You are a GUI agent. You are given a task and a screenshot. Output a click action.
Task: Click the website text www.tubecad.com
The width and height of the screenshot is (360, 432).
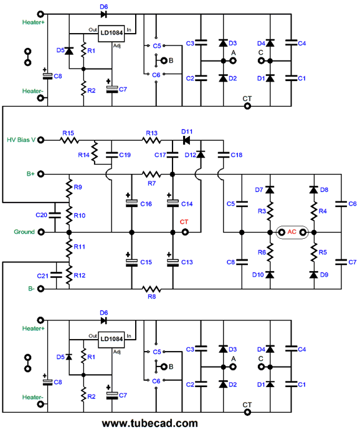[149, 423]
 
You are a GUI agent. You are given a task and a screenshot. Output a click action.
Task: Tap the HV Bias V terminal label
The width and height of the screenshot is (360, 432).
[21, 140]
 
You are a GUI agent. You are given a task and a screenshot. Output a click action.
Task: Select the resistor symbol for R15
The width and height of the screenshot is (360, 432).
[69, 140]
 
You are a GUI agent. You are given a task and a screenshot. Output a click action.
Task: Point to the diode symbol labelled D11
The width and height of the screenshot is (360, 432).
[186, 140]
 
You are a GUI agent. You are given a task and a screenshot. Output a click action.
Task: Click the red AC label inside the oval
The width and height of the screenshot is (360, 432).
[291, 232]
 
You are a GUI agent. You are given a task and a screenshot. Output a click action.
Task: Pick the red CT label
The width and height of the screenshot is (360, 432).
[184, 222]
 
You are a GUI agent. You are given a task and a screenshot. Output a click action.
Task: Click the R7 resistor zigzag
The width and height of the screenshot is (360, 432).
[151, 174]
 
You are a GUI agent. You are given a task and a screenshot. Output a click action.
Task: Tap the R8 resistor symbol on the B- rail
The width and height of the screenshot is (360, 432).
[151, 289]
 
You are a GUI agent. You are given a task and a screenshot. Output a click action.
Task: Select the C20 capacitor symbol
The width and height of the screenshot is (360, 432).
[55, 215]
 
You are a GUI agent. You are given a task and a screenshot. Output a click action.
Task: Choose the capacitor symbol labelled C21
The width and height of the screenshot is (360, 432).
[57, 275]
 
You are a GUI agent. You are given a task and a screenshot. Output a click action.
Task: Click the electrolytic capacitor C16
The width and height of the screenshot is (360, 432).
[131, 203]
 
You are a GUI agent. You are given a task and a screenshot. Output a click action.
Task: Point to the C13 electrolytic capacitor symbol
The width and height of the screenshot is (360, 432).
[173, 262]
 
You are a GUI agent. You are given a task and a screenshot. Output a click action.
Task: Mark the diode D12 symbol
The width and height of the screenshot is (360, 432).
[201, 155]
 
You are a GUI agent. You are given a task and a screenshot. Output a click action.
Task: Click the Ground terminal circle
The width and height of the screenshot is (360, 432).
[40, 233]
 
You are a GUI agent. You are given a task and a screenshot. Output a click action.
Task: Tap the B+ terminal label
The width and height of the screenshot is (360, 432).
[31, 174]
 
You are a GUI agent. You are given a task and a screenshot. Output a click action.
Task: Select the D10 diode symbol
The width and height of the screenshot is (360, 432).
[270, 274]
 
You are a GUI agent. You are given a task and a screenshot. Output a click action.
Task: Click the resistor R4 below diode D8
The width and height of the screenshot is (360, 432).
[314, 211]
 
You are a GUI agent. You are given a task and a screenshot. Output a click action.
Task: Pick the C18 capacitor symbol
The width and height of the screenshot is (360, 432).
[223, 155]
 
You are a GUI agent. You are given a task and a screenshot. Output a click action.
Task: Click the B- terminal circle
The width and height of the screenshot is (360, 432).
[40, 289]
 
